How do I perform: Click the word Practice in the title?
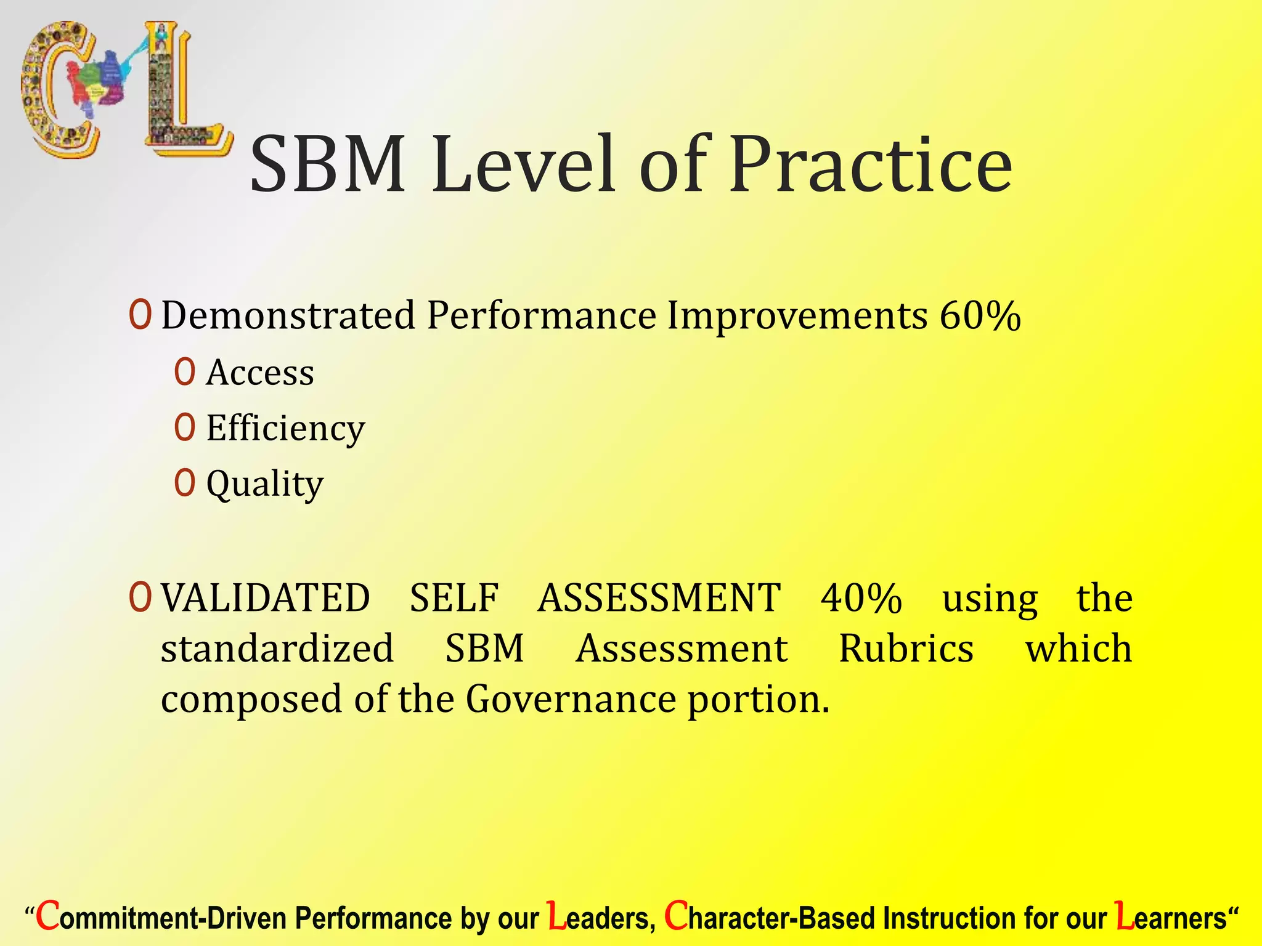(871, 165)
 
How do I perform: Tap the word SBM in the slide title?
(328, 165)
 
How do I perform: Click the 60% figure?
(980, 316)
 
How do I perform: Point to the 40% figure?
(861, 599)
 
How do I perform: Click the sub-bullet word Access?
(260, 373)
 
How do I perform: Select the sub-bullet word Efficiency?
(285, 429)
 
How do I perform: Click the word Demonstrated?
(288, 316)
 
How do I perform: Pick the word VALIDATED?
(266, 599)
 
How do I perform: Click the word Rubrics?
(906, 649)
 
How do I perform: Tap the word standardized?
(277, 649)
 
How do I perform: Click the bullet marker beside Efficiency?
(185, 427)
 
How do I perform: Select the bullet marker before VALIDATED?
(140, 597)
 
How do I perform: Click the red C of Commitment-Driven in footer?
(48, 916)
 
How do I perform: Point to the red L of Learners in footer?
(1125, 916)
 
